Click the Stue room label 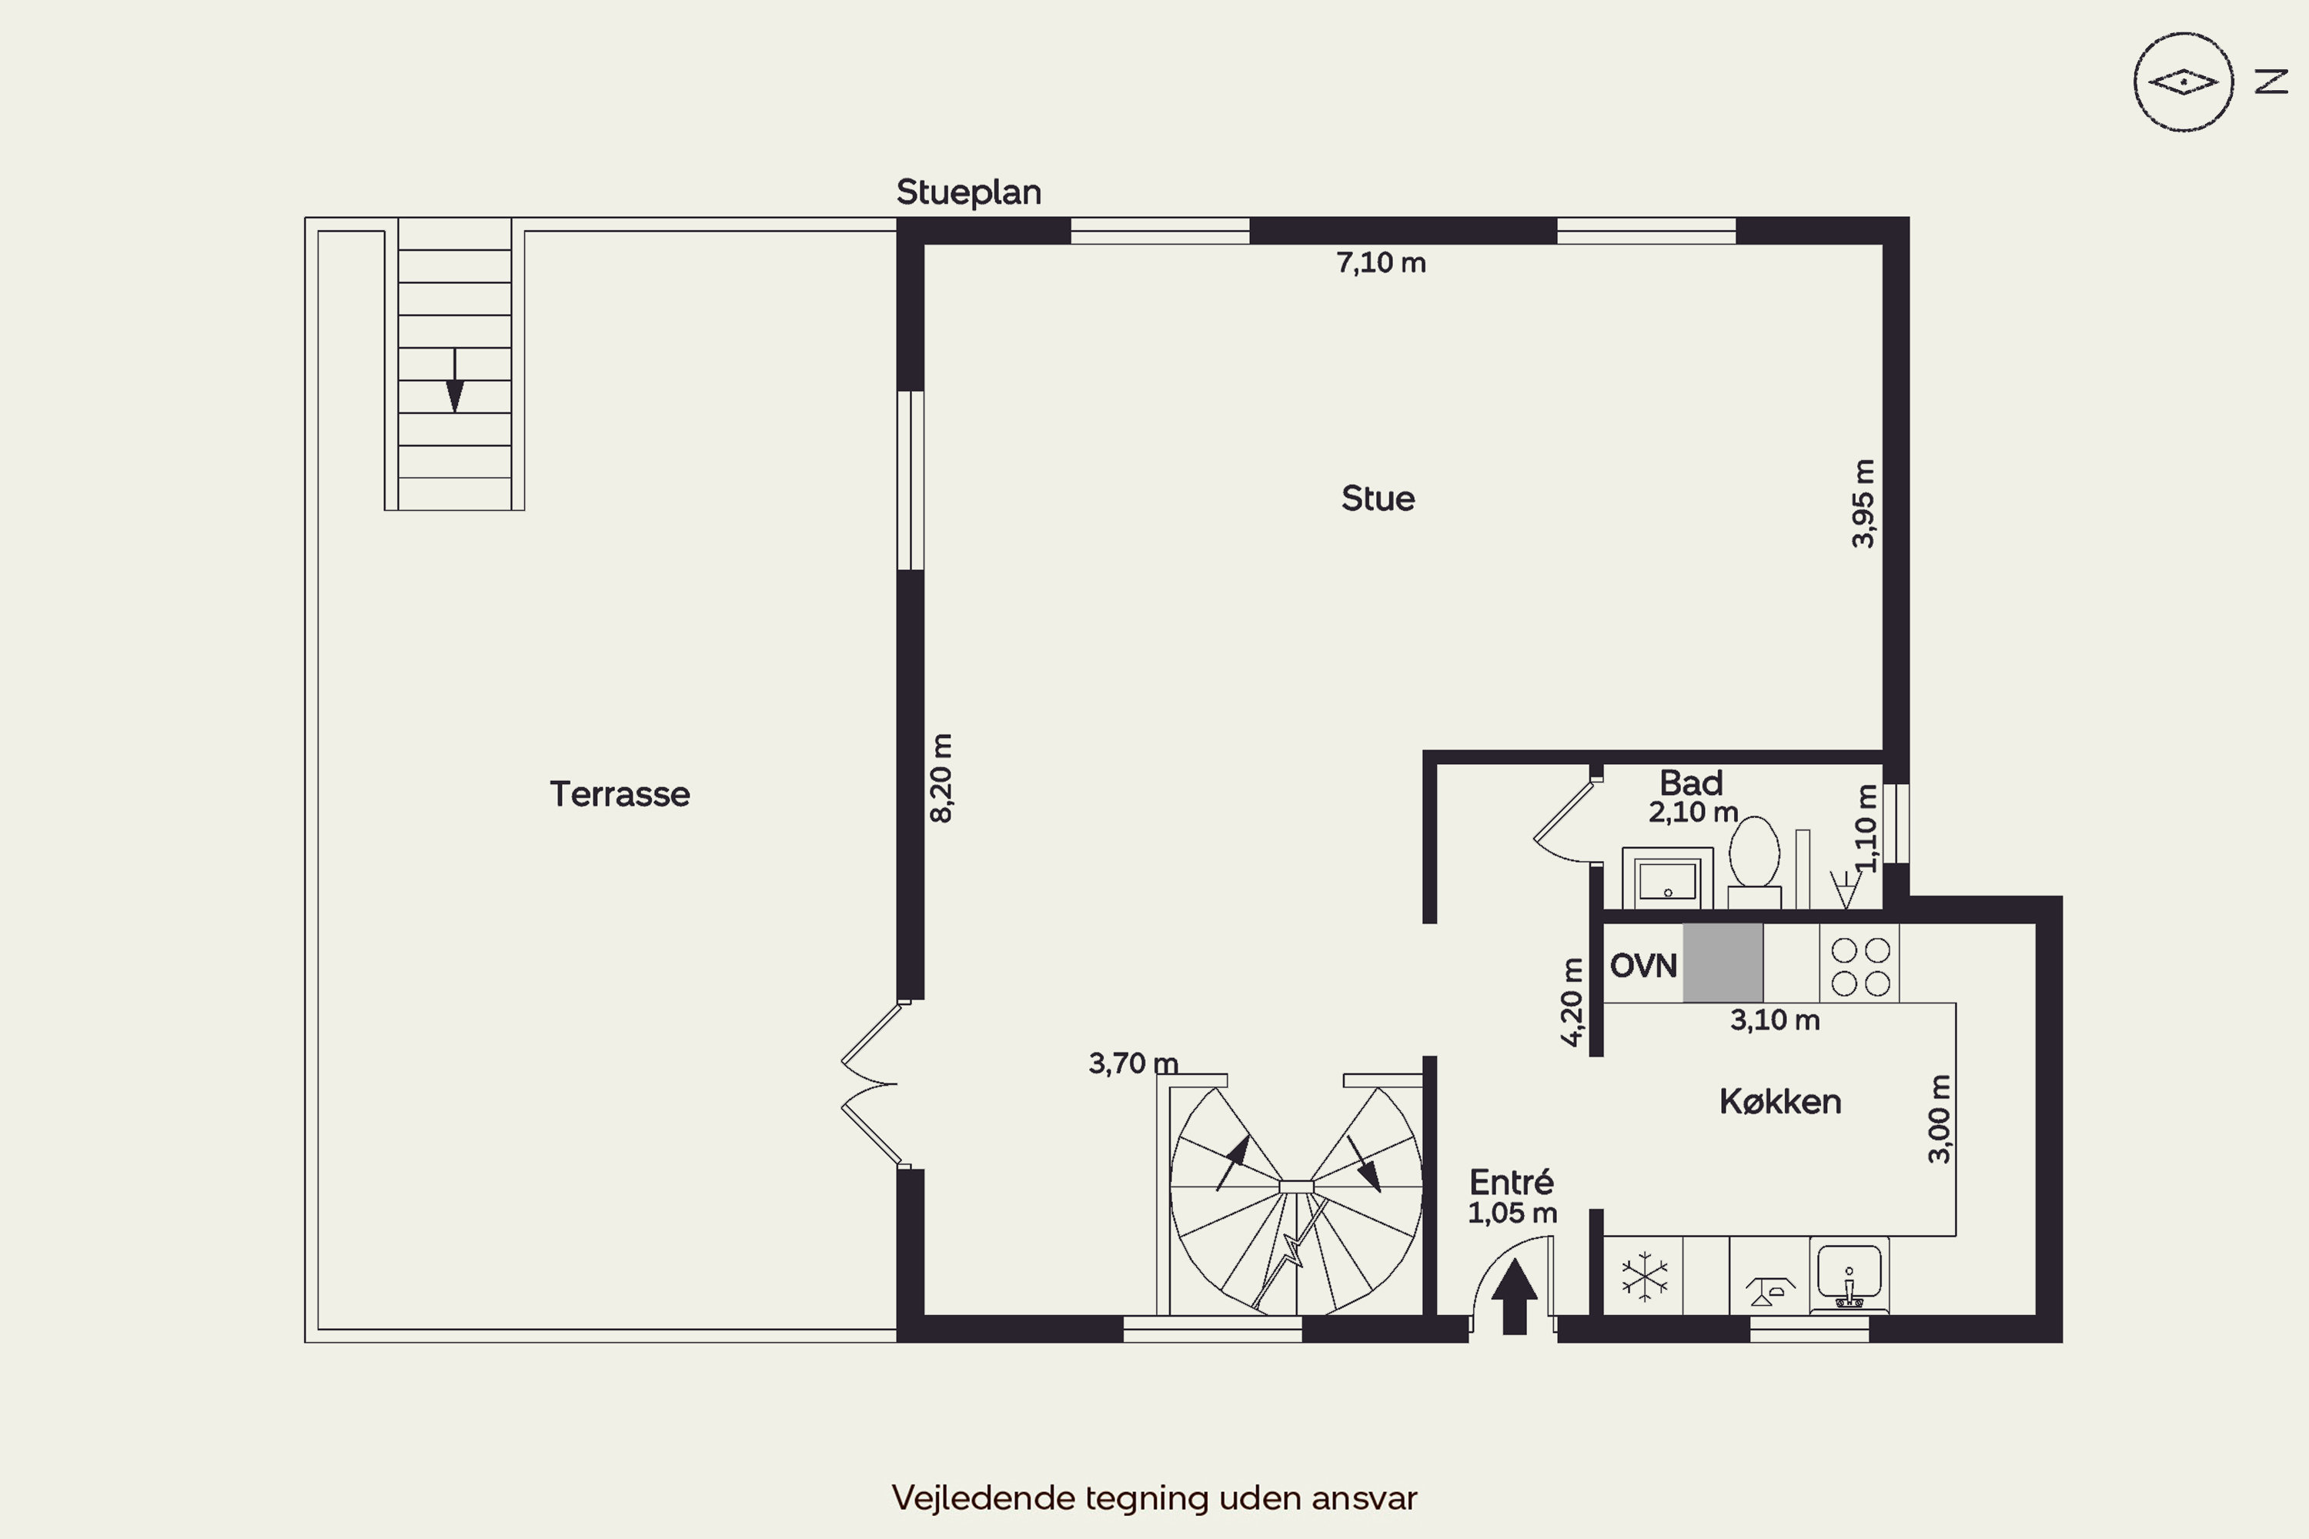(1378, 499)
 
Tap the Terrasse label (620, 794)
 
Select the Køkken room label (1779, 1101)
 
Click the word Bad (1690, 783)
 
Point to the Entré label (1512, 1182)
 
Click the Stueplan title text (969, 192)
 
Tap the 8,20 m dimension (941, 777)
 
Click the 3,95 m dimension (1863, 503)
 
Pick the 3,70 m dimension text (1133, 1063)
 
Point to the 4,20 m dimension (1572, 1002)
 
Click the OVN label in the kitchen (1643, 966)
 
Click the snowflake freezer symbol (1644, 1277)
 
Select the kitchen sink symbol (1849, 1276)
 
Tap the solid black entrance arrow (1515, 1297)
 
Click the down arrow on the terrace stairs (455, 381)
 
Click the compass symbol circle (2184, 82)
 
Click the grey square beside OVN (1723, 963)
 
